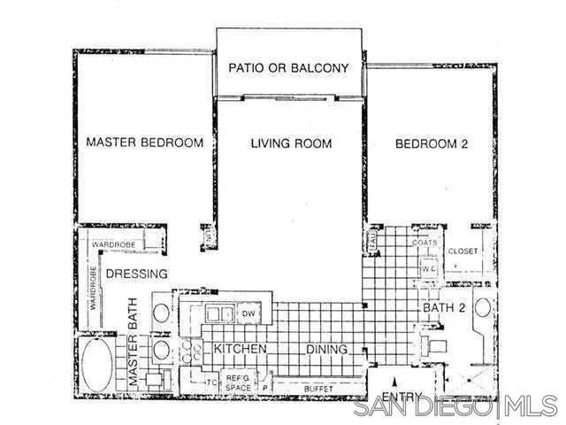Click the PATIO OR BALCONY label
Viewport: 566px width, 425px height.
289,68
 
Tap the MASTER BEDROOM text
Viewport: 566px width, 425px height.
144,143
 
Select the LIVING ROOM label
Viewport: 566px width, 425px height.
290,143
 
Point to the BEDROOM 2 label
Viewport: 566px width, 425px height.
431,143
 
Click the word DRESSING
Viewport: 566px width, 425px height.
137,274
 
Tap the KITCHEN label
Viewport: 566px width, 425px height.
241,350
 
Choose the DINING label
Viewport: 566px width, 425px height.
327,350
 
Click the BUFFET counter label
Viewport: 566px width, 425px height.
319,388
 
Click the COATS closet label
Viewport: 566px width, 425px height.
426,243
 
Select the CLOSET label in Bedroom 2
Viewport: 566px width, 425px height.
463,251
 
